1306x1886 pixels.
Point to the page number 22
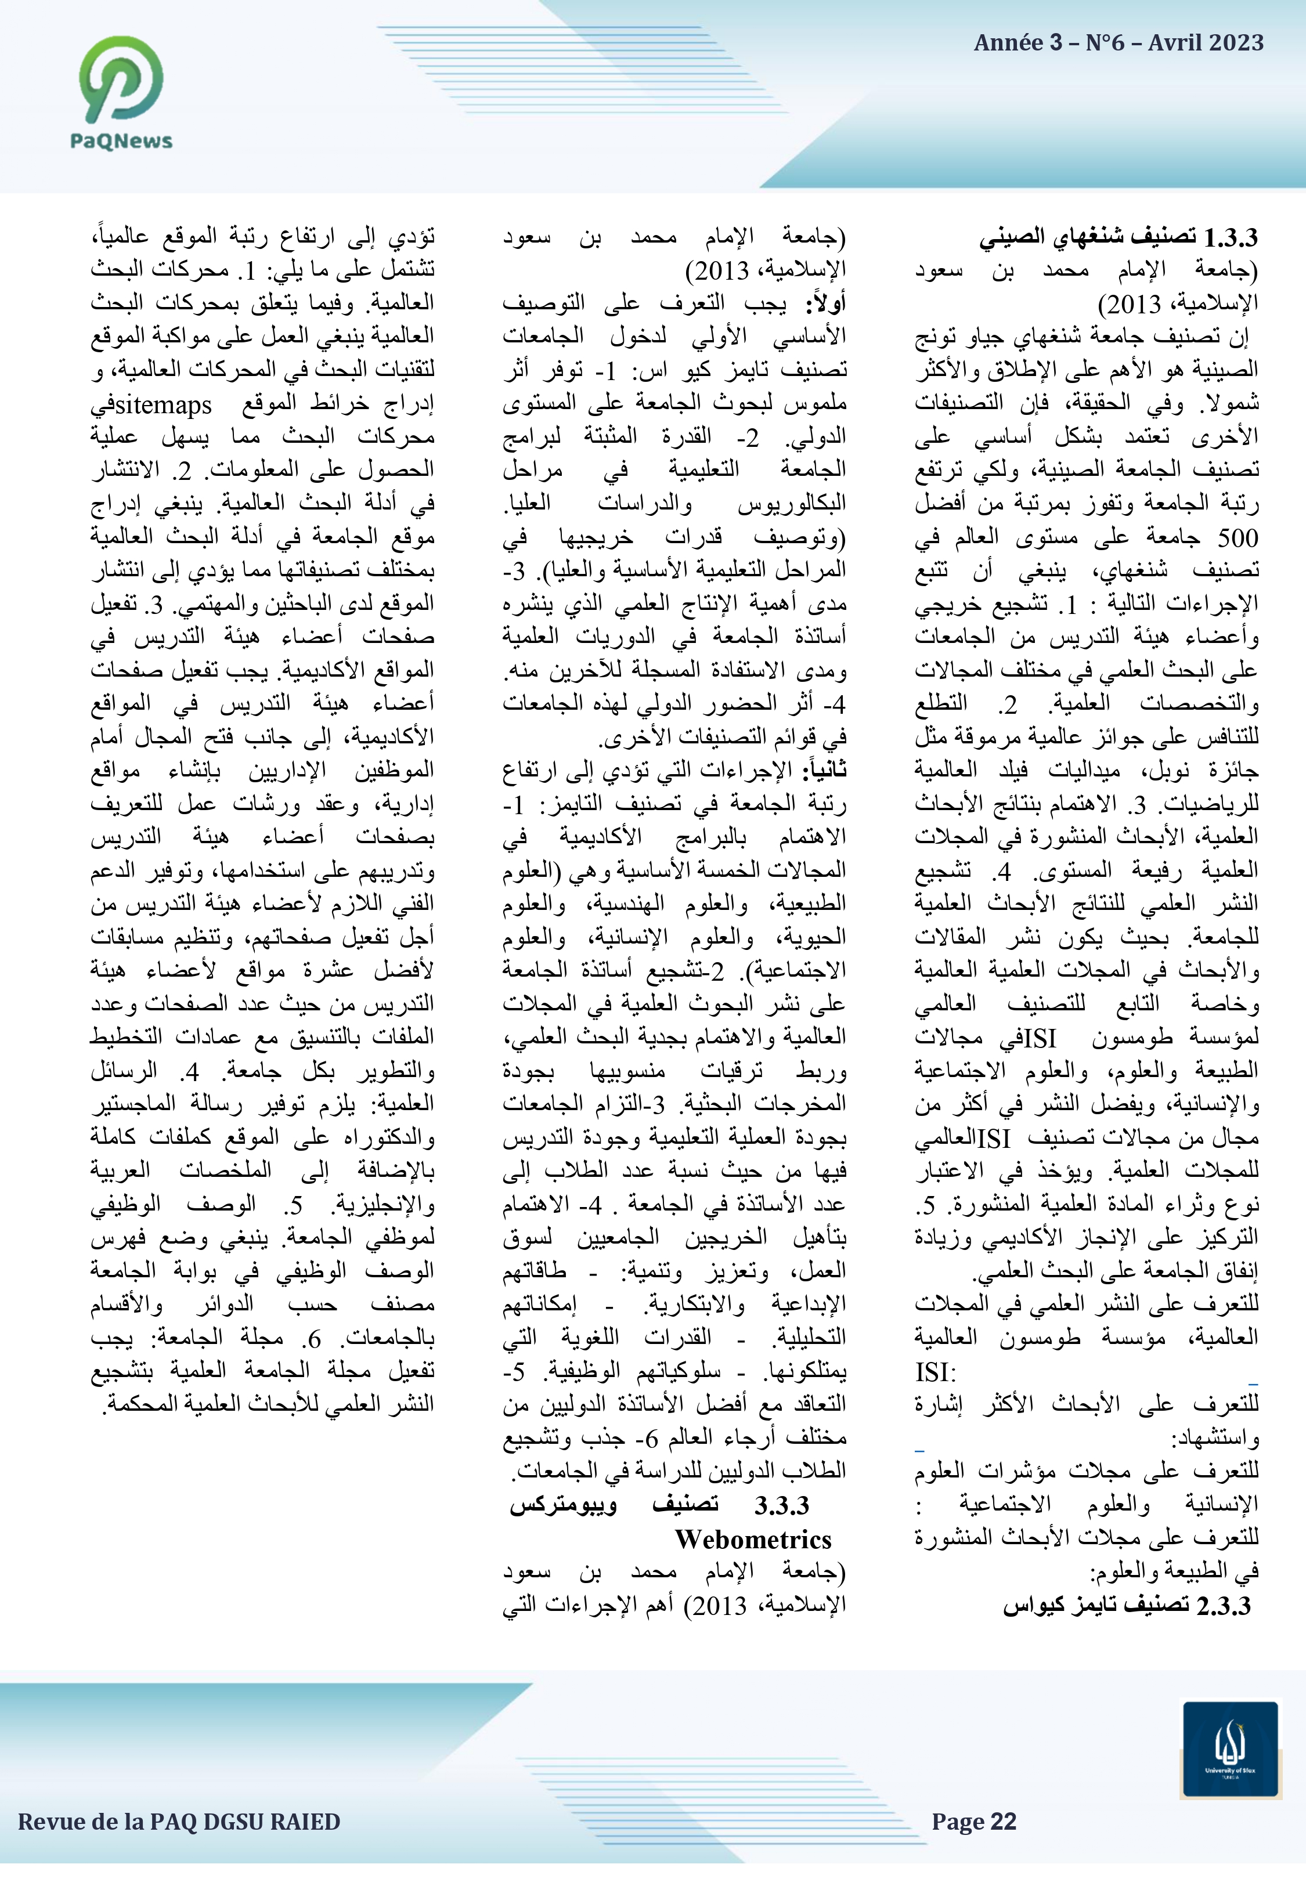pyautogui.click(x=1002, y=1822)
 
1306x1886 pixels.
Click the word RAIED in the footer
pyautogui.click(x=305, y=1822)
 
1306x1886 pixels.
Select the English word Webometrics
pyautogui.click(x=753, y=1539)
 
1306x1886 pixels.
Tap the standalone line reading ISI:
pyautogui.click(x=935, y=1372)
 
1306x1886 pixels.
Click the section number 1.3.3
pyautogui.click(x=1230, y=237)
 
